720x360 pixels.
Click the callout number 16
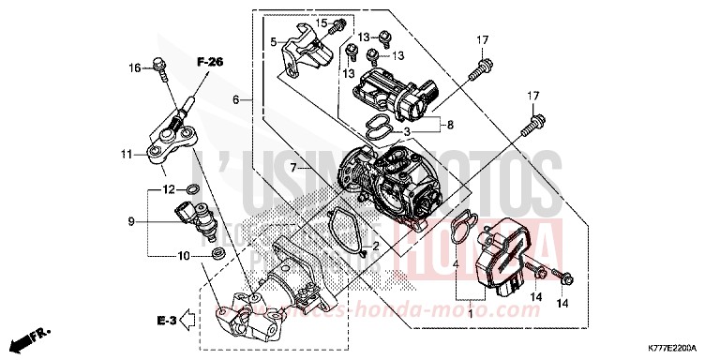(134, 67)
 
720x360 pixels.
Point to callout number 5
(274, 42)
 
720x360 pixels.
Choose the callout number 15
(322, 22)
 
